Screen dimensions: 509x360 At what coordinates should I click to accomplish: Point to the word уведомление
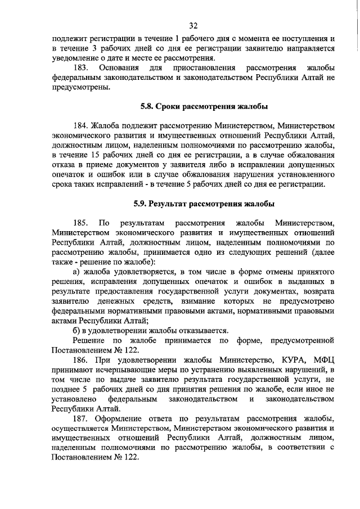[x=74, y=58]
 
